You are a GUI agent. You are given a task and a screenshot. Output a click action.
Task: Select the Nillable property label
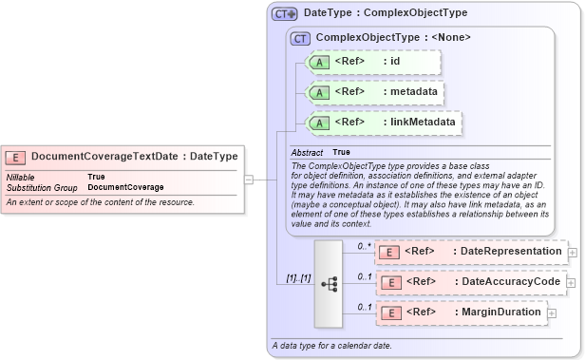[x=21, y=177]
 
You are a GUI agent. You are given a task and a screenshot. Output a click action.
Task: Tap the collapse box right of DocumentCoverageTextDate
[x=248, y=178]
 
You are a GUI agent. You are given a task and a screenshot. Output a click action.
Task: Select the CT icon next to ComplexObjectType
[x=301, y=38]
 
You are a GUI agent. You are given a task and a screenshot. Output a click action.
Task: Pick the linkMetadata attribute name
[x=419, y=123]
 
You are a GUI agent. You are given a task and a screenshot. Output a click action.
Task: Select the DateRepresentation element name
[x=508, y=252]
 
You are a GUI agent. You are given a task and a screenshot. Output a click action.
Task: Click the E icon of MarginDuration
[x=388, y=313]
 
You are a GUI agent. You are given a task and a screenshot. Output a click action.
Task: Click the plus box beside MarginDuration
[x=552, y=313]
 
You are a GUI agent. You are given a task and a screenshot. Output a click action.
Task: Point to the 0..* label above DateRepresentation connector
[x=364, y=245]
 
